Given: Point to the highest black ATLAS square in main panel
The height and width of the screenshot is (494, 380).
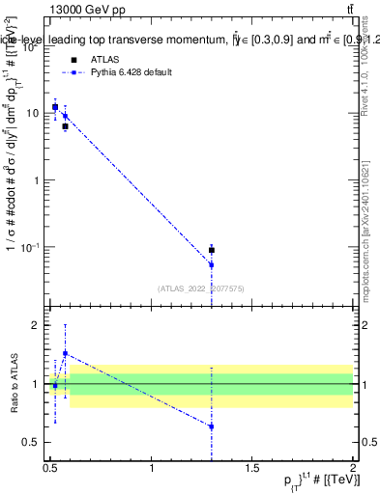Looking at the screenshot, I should pos(55,107).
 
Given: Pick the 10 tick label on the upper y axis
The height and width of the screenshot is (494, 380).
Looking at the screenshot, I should pos(33,113).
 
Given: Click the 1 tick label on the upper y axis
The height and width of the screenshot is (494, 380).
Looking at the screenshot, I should pos(36,180).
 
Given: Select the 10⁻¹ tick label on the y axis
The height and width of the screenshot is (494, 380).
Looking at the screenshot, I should pos(29,248).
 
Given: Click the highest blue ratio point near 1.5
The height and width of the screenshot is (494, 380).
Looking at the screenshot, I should pos(65,353).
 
